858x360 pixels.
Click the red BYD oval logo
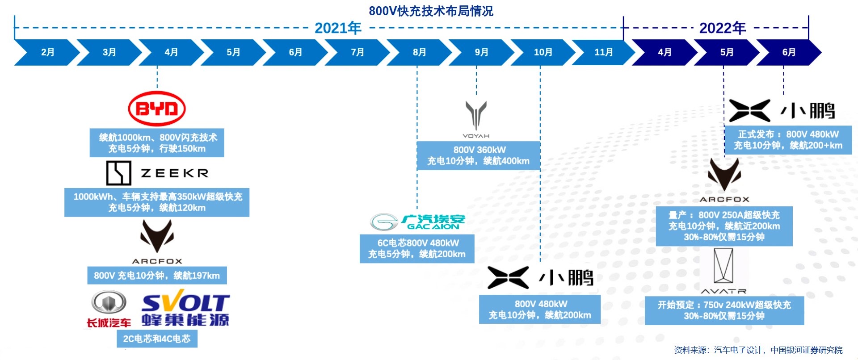tap(157, 109)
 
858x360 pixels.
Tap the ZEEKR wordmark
tap(175, 173)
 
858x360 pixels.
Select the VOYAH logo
tap(476, 119)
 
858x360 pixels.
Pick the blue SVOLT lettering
tap(185, 302)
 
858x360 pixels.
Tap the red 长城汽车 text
tap(109, 323)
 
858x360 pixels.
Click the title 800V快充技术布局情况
tap(431, 11)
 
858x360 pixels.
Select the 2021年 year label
tap(338, 28)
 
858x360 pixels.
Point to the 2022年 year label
tap(722, 28)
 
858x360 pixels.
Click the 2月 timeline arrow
tap(47, 52)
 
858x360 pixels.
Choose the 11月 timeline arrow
tap(603, 52)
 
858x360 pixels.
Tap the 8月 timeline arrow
tap(419, 52)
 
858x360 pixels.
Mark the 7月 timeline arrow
tap(357, 52)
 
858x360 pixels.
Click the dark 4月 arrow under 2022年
tap(664, 52)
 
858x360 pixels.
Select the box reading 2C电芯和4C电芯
tap(157, 339)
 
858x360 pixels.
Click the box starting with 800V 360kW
tap(478, 155)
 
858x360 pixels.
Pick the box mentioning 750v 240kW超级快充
tap(724, 310)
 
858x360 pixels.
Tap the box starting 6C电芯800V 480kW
tap(417, 248)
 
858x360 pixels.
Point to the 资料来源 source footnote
tap(758, 350)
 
